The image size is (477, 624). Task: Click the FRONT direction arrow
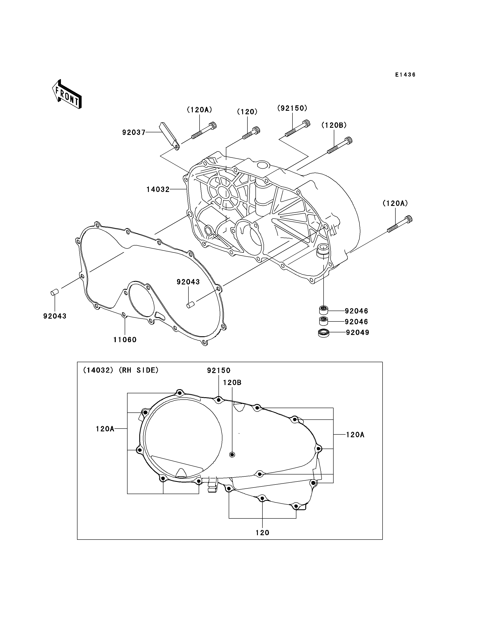point(67,94)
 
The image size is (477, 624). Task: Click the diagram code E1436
point(405,75)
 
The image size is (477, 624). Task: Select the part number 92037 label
point(134,132)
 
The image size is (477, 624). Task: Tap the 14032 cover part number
point(158,189)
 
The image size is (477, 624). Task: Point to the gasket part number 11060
point(125,340)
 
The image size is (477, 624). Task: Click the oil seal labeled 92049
point(323,333)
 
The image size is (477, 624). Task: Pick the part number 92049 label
point(358,332)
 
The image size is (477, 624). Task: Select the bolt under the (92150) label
point(297,128)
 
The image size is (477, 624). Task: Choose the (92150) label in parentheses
point(292,108)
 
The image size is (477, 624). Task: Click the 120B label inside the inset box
point(232,383)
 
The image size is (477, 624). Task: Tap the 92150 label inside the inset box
point(219,370)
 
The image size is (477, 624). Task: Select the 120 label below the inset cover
point(262,533)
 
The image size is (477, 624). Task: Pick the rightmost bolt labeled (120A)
point(400,224)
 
